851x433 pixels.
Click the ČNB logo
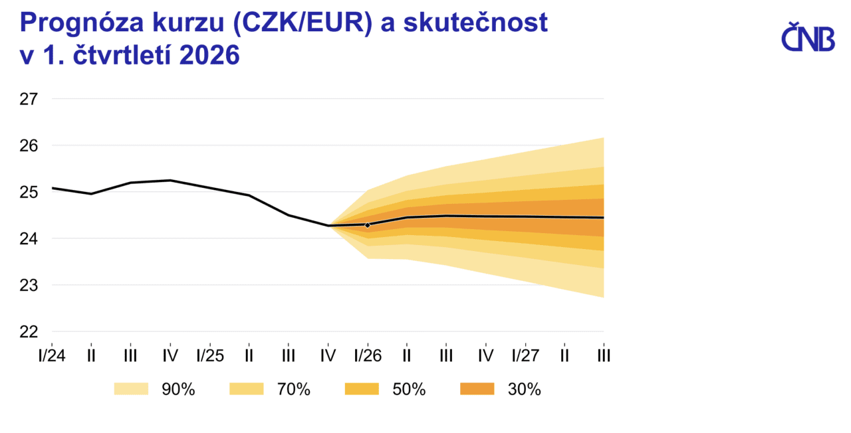807,37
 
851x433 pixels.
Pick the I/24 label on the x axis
51,355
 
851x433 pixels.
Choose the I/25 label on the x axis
209,355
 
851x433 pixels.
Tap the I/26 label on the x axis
367,355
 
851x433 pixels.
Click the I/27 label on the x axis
525,355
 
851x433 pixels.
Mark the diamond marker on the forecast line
368,225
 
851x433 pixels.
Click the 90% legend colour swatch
131,389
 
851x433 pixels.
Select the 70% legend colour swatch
247,389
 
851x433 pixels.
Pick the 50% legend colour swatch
362,389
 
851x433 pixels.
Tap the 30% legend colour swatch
477,389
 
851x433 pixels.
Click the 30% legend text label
524,390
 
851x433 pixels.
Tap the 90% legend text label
178,390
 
